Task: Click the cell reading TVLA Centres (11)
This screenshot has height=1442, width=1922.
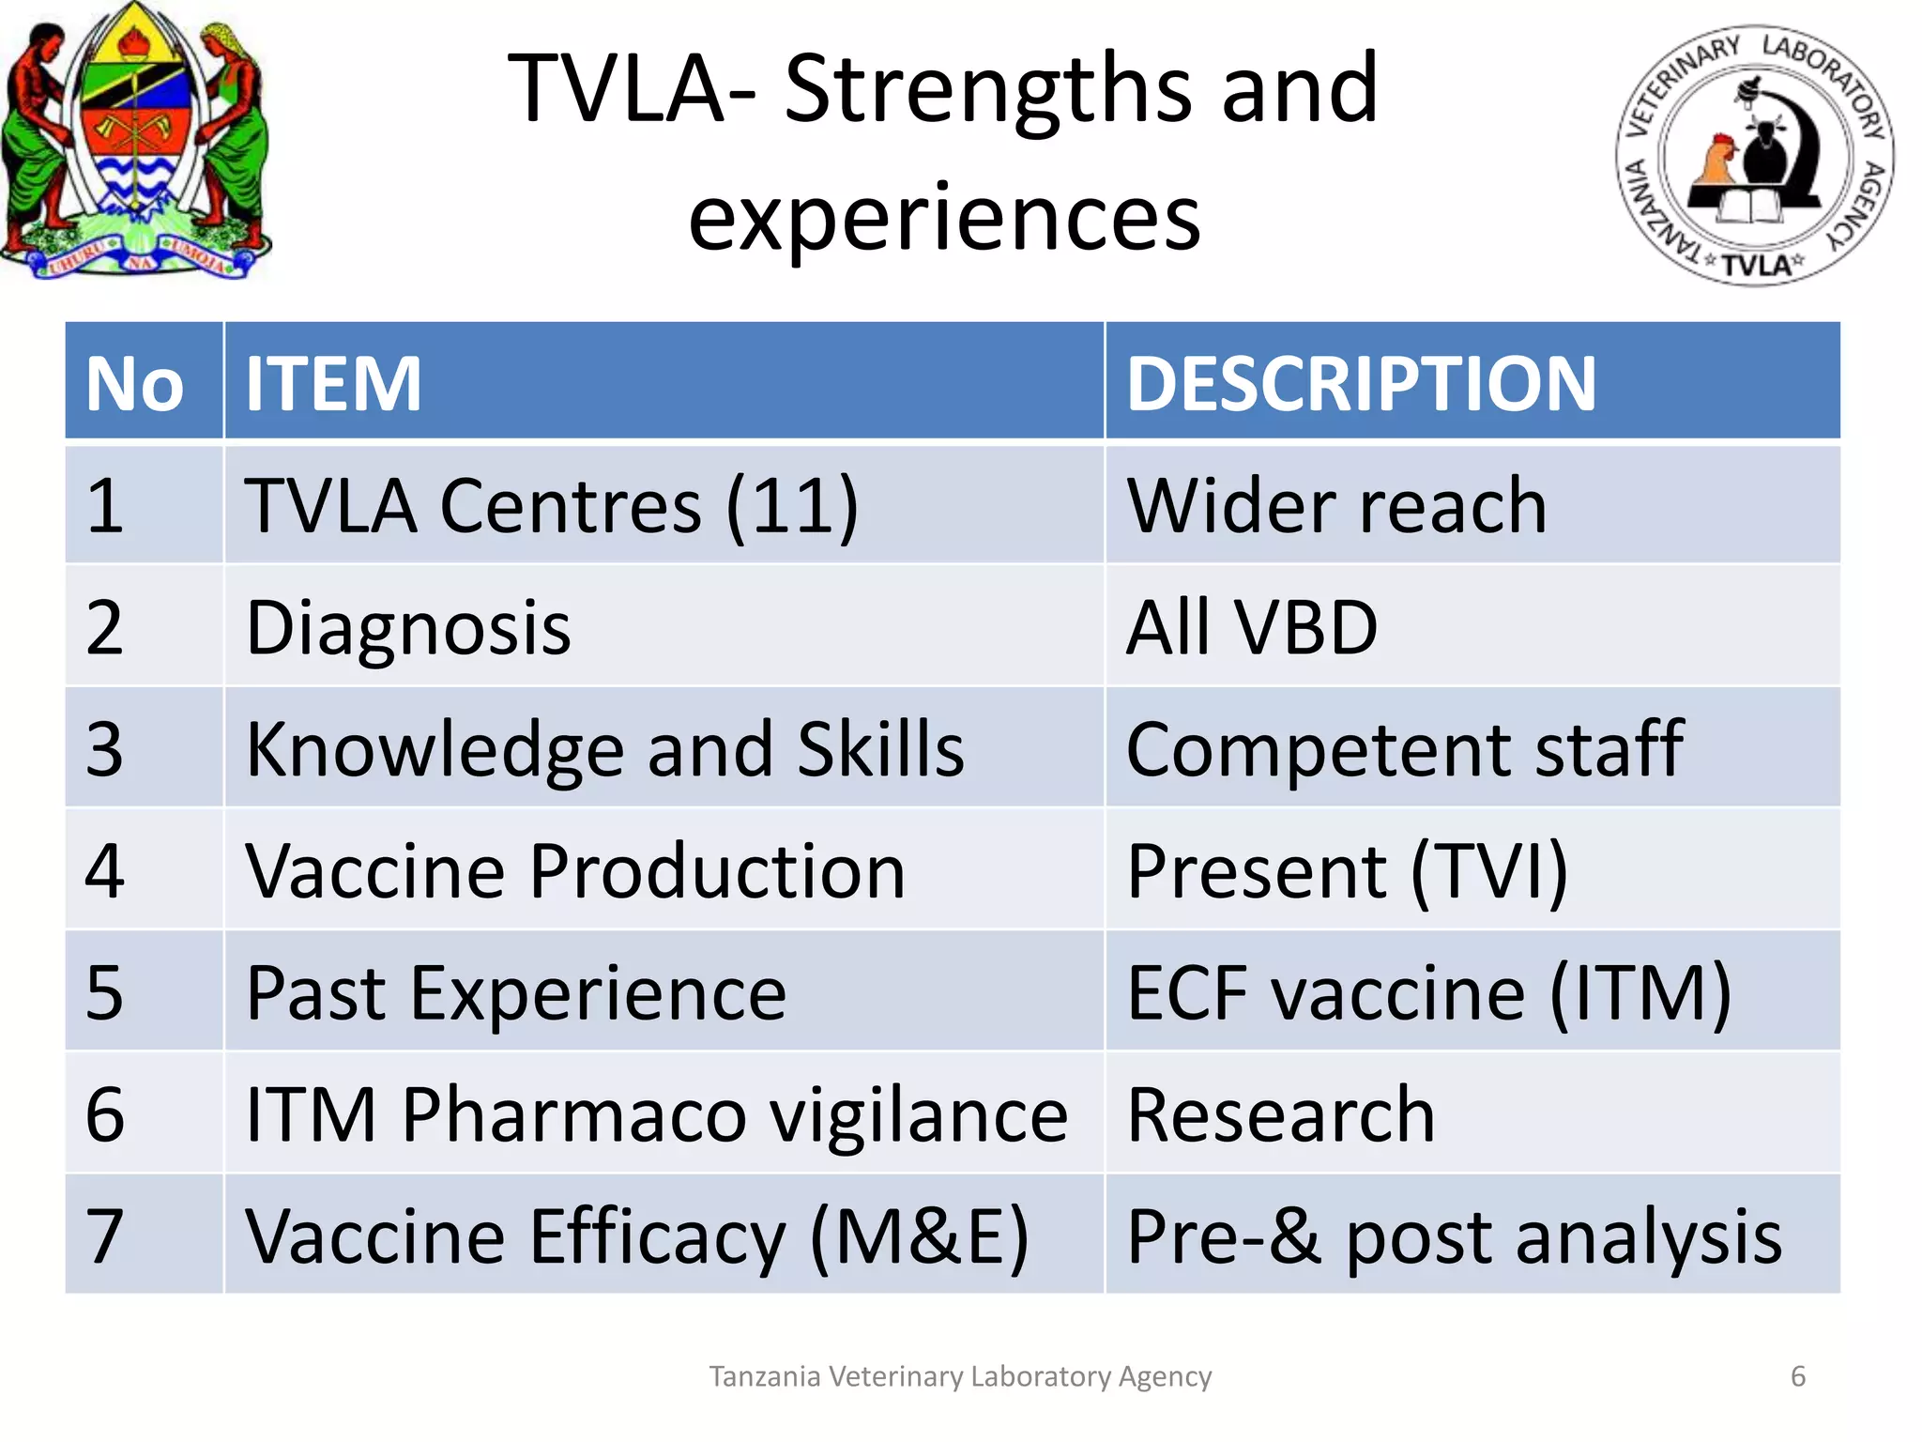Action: (552, 505)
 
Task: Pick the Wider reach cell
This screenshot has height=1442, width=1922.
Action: (1336, 505)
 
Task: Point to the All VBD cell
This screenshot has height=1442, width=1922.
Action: (1252, 627)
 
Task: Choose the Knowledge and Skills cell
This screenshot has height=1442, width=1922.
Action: (604, 749)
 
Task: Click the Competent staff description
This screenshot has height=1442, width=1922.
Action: (1404, 749)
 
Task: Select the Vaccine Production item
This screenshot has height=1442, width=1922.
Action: (575, 871)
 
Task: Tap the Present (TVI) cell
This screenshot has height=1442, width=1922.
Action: (1347, 871)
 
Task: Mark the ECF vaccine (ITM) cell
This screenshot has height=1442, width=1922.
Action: (1428, 993)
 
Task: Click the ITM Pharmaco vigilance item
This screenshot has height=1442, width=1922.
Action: (656, 1115)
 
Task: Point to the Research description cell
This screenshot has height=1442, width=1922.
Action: (1280, 1115)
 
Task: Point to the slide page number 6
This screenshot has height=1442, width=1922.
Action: (1798, 1376)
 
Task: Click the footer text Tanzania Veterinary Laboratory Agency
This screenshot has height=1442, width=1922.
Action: (960, 1376)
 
